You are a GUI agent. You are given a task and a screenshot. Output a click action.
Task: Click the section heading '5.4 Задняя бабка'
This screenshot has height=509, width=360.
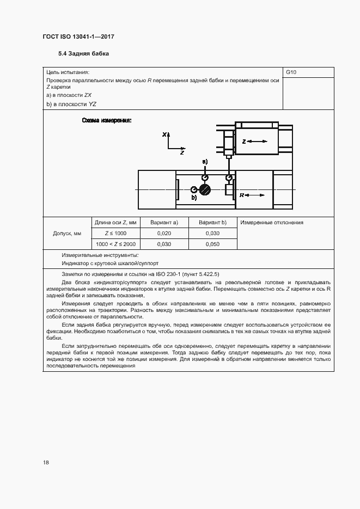[x=83, y=54]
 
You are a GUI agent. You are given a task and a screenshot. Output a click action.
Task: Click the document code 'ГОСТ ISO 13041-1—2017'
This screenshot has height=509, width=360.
[x=78, y=36]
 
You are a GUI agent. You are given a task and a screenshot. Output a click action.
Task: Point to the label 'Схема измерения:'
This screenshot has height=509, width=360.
[x=107, y=120]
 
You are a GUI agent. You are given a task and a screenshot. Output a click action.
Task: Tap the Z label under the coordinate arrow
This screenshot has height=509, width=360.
[x=182, y=154]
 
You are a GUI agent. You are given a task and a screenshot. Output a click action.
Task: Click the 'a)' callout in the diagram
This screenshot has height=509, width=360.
[x=205, y=162]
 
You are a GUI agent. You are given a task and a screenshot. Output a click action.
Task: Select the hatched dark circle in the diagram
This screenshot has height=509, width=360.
[x=205, y=189]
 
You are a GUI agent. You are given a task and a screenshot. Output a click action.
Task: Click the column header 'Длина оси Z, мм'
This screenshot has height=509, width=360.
[x=115, y=223]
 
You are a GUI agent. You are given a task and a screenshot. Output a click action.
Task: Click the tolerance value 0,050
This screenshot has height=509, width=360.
[x=212, y=244]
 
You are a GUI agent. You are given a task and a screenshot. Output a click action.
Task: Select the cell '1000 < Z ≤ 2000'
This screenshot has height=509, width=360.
[x=115, y=244]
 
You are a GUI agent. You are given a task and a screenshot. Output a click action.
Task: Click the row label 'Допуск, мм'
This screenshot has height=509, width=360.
[x=66, y=234]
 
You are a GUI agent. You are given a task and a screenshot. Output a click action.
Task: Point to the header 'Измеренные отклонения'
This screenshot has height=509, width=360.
[x=272, y=223]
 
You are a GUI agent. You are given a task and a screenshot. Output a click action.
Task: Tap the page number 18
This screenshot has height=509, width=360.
[x=46, y=463]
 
